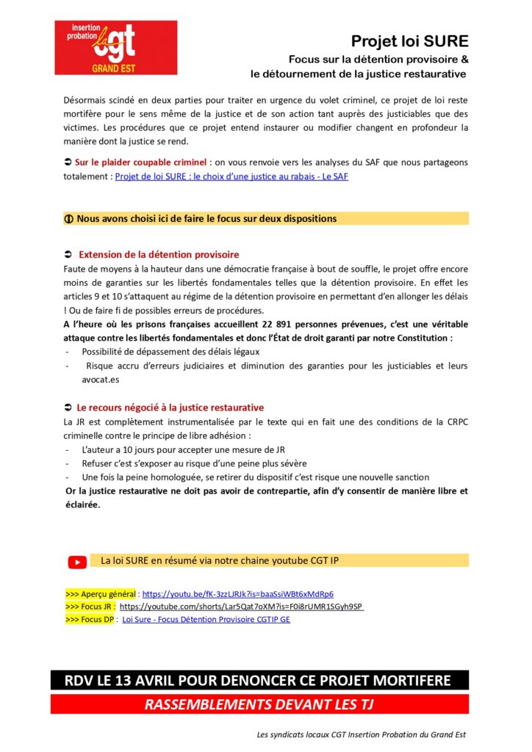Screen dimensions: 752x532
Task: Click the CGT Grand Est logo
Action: click(x=115, y=47)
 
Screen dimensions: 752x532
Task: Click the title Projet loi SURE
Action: click(x=409, y=41)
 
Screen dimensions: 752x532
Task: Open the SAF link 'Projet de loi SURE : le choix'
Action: click(x=231, y=177)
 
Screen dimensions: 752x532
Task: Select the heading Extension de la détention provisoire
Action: click(x=158, y=255)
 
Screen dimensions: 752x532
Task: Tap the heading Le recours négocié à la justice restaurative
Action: click(x=170, y=408)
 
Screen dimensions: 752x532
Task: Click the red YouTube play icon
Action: click(x=77, y=562)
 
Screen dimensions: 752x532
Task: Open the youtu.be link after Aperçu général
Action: click(x=237, y=593)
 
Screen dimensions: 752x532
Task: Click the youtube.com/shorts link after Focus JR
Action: click(x=242, y=607)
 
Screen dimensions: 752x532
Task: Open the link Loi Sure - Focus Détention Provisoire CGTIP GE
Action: click(x=206, y=620)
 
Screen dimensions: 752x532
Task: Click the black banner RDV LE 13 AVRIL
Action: click(x=259, y=680)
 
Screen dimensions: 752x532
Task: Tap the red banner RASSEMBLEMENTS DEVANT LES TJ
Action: click(x=259, y=704)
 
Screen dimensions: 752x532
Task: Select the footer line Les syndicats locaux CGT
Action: click(x=361, y=734)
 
